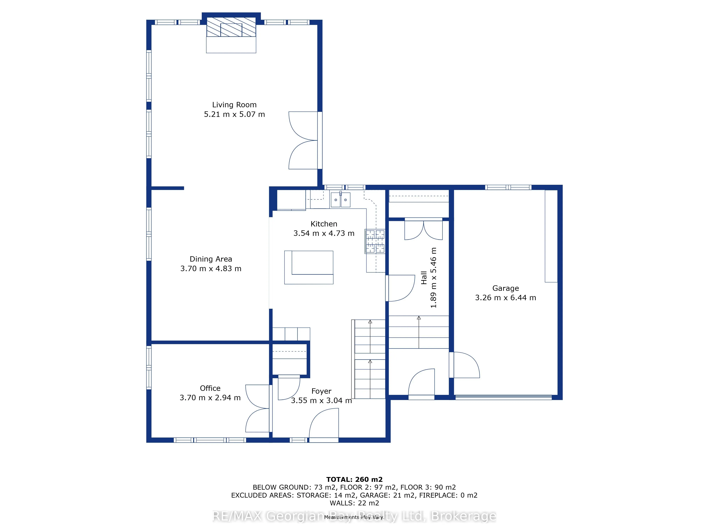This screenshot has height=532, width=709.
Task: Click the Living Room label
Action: click(x=234, y=105)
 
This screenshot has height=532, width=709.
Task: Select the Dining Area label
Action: click(x=211, y=259)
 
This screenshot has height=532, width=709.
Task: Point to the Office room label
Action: click(x=210, y=388)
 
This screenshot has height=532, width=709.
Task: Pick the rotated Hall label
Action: click(x=424, y=278)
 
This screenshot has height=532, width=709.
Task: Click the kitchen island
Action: click(x=309, y=267)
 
